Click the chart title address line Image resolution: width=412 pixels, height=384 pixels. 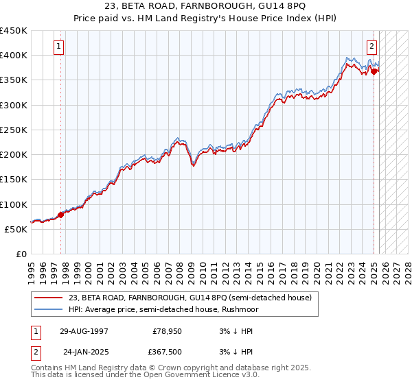tap(206, 8)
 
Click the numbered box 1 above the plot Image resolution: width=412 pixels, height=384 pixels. tap(60, 47)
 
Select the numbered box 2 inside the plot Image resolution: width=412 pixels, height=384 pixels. tap(371, 47)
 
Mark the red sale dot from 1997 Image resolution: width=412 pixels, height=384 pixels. tap(60, 215)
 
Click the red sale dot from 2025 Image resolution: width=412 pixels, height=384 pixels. tap(374, 71)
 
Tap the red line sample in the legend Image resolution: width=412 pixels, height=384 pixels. tap(49, 298)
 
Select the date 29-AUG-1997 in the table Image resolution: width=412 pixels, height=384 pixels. tap(84, 331)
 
